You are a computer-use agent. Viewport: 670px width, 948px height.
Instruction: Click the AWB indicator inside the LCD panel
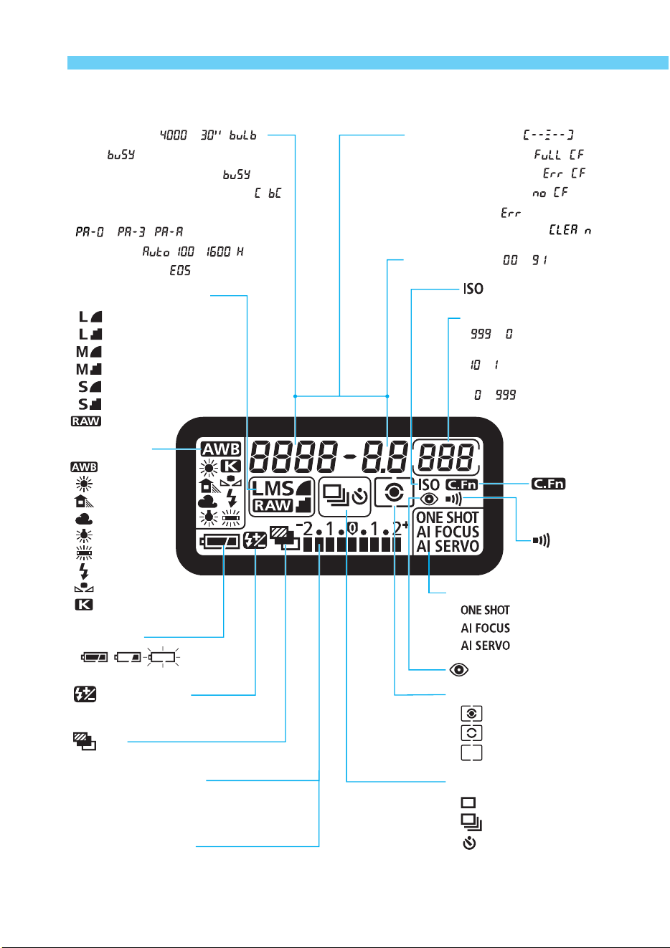click(x=220, y=449)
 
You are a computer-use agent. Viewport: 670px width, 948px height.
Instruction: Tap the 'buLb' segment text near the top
click(x=243, y=135)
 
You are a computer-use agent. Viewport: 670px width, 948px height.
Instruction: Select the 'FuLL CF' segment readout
click(x=559, y=155)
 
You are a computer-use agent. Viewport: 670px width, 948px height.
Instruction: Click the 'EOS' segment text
click(x=180, y=270)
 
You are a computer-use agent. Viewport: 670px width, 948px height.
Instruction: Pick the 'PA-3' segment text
click(x=131, y=232)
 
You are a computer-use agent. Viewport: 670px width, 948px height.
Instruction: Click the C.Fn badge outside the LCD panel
click(x=548, y=484)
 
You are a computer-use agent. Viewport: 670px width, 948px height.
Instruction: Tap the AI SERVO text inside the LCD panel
click(x=448, y=546)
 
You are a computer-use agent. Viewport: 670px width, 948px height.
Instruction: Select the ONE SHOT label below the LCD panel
click(x=485, y=611)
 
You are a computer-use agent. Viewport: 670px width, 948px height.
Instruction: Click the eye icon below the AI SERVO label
click(x=459, y=670)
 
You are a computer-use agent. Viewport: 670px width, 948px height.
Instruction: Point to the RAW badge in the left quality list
click(x=86, y=421)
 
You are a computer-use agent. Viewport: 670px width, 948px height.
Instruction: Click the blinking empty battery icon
click(x=163, y=657)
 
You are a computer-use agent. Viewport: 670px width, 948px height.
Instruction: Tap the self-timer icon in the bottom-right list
click(x=470, y=843)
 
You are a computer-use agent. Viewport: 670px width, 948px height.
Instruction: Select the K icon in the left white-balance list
click(x=84, y=605)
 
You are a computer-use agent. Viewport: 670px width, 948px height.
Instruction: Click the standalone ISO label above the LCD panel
click(x=473, y=289)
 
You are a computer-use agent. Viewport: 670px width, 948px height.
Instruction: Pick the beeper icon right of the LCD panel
click(x=541, y=540)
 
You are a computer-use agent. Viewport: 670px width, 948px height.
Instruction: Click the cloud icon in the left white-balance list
click(x=84, y=519)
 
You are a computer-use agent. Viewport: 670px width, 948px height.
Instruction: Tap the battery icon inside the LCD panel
click(x=220, y=542)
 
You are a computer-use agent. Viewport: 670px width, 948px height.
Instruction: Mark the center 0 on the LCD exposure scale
click(x=353, y=528)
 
